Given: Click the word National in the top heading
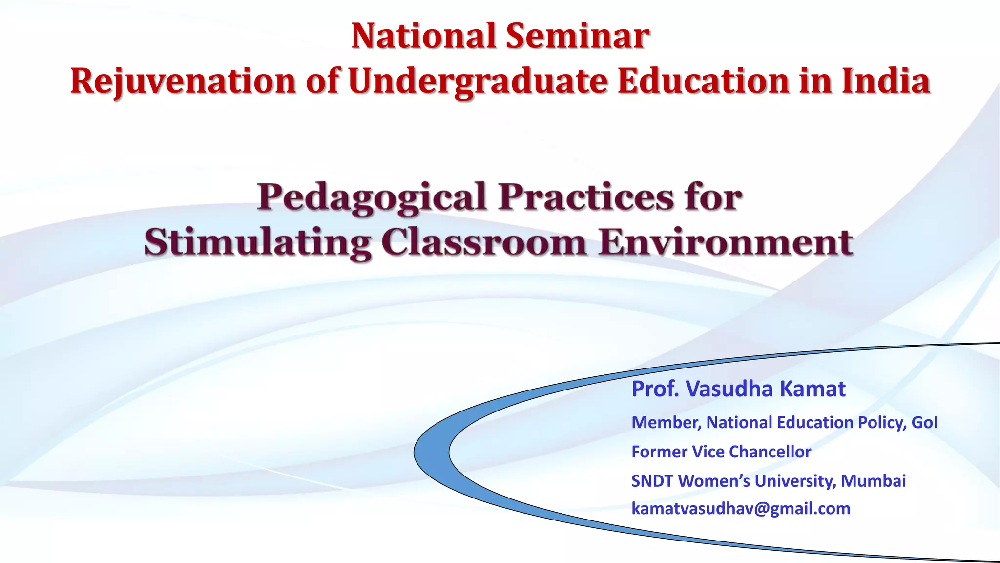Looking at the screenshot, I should pos(423,36).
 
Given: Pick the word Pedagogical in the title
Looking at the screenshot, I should pos(372,197).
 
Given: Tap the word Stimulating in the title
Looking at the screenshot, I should pos(257,243).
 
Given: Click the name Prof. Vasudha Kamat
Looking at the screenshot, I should pos(738,389).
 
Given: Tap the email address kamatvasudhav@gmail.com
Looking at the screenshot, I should pos(741,509).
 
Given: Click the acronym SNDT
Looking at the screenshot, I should pos(652,481).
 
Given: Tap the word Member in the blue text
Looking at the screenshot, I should pos(666,423).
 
